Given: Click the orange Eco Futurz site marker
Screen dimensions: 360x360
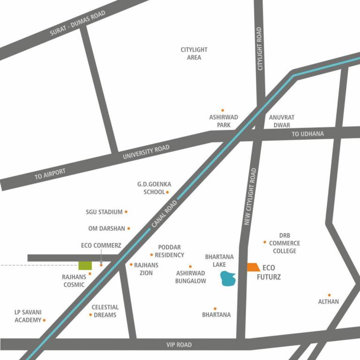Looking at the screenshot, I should [253, 267].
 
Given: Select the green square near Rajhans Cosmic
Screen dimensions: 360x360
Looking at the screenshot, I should [85, 265].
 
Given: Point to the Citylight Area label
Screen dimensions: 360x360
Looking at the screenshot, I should [194, 53].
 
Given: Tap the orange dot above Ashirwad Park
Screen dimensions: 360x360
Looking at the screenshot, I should [223, 110].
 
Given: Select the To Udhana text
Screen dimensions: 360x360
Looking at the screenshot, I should [308, 134].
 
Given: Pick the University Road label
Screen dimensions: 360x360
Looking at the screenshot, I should [146, 152].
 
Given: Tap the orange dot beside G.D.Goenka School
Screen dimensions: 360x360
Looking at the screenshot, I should [167, 192].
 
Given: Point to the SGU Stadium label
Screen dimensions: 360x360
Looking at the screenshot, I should [104, 212].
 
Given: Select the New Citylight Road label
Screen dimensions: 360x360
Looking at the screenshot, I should [250, 197].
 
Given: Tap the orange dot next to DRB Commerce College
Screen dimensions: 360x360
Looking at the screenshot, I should [265, 242].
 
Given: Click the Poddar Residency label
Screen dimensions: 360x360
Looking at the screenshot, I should [169, 251].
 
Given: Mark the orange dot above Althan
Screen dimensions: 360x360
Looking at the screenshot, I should [329, 295].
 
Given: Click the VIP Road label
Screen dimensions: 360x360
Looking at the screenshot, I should [179, 345].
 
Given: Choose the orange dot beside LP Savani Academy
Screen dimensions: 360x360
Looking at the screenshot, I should [45, 320].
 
